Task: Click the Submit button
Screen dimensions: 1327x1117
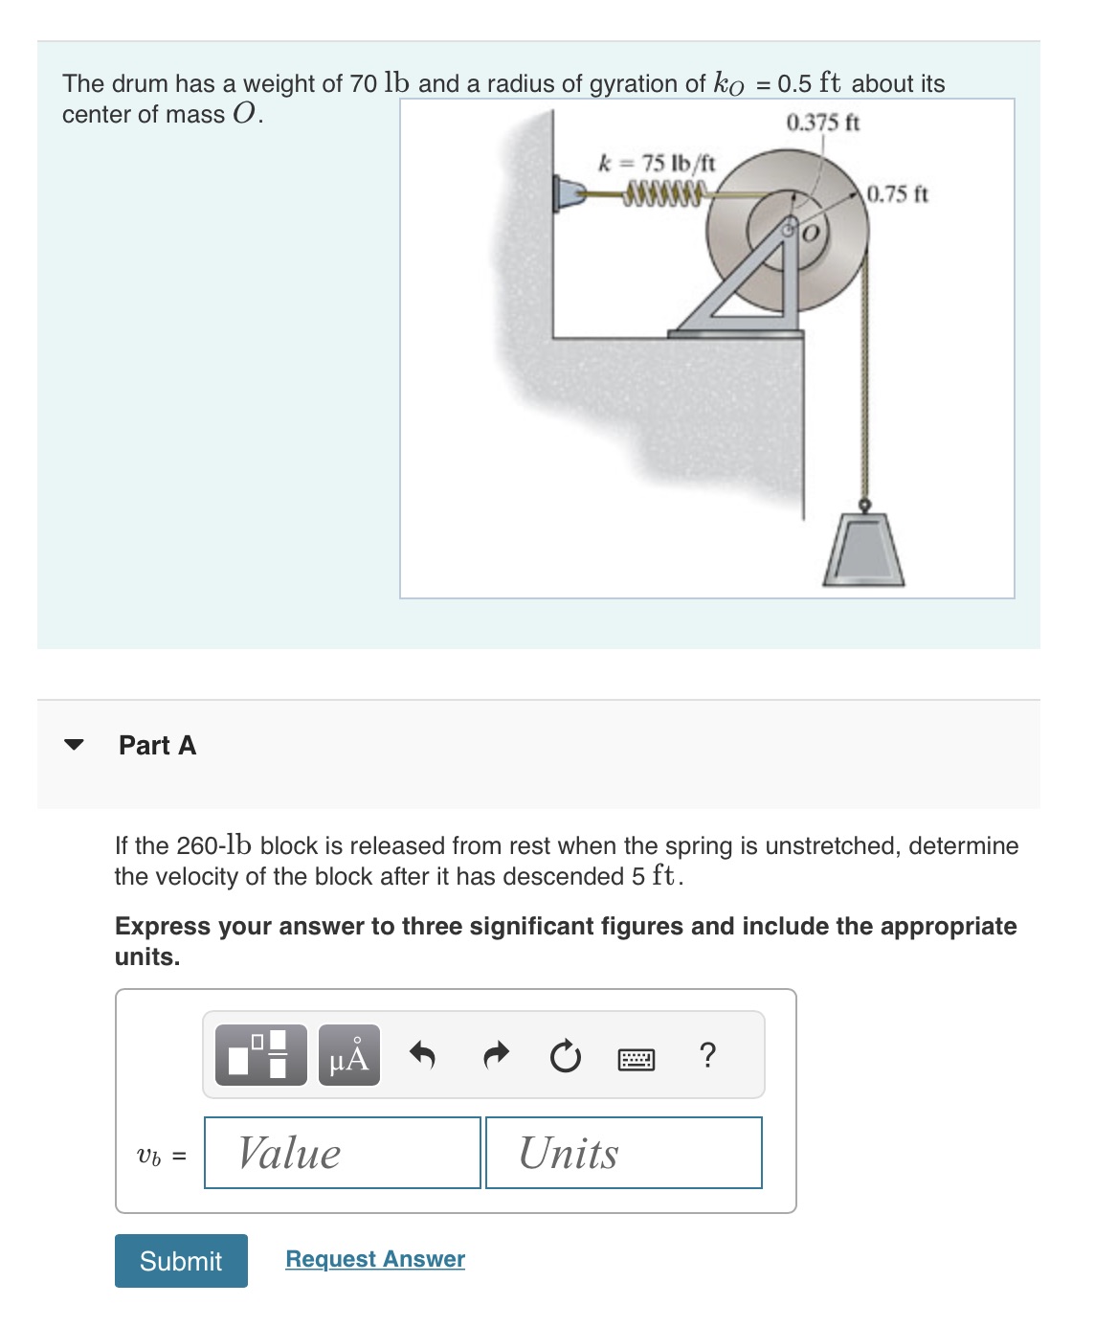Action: (181, 1260)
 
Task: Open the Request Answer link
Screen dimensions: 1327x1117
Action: (375, 1258)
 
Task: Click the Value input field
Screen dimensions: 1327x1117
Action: (343, 1153)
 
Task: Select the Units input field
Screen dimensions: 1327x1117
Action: (623, 1153)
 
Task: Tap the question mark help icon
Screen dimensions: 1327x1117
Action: (707, 1055)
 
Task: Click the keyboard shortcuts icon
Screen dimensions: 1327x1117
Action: (637, 1058)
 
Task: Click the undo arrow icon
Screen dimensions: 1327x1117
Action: (422, 1056)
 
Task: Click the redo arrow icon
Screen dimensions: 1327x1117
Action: (495, 1056)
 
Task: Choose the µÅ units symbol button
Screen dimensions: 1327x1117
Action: (349, 1055)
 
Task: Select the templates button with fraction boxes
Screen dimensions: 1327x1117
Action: (261, 1055)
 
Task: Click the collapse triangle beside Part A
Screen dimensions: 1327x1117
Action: (74, 745)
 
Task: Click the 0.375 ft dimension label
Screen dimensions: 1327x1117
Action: (822, 123)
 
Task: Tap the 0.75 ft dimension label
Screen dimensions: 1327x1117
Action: (897, 194)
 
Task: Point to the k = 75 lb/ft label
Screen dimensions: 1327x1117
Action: (657, 162)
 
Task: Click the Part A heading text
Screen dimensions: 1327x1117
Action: (157, 745)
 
